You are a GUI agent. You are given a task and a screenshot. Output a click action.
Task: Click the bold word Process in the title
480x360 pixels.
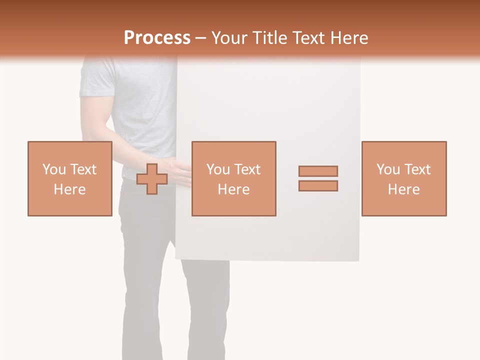click(x=157, y=38)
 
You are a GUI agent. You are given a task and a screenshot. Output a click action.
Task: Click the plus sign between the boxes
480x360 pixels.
click(x=152, y=179)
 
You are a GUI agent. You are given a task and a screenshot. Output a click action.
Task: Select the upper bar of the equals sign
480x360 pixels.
click(x=318, y=171)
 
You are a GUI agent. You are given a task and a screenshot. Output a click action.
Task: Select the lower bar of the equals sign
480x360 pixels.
click(x=318, y=186)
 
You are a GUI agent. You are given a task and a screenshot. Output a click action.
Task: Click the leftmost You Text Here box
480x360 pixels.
click(x=69, y=178)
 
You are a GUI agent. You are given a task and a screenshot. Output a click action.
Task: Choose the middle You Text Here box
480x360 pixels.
click(x=233, y=178)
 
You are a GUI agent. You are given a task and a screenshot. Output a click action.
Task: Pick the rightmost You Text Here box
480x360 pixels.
click(x=403, y=178)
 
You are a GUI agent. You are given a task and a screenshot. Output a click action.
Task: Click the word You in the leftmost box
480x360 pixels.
click(x=53, y=169)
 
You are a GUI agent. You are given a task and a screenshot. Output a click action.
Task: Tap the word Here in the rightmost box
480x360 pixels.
click(x=403, y=189)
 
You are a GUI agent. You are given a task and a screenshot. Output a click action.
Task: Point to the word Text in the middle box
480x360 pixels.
click(x=247, y=169)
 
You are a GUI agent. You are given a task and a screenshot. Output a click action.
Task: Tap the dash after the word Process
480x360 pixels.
click(x=200, y=38)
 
